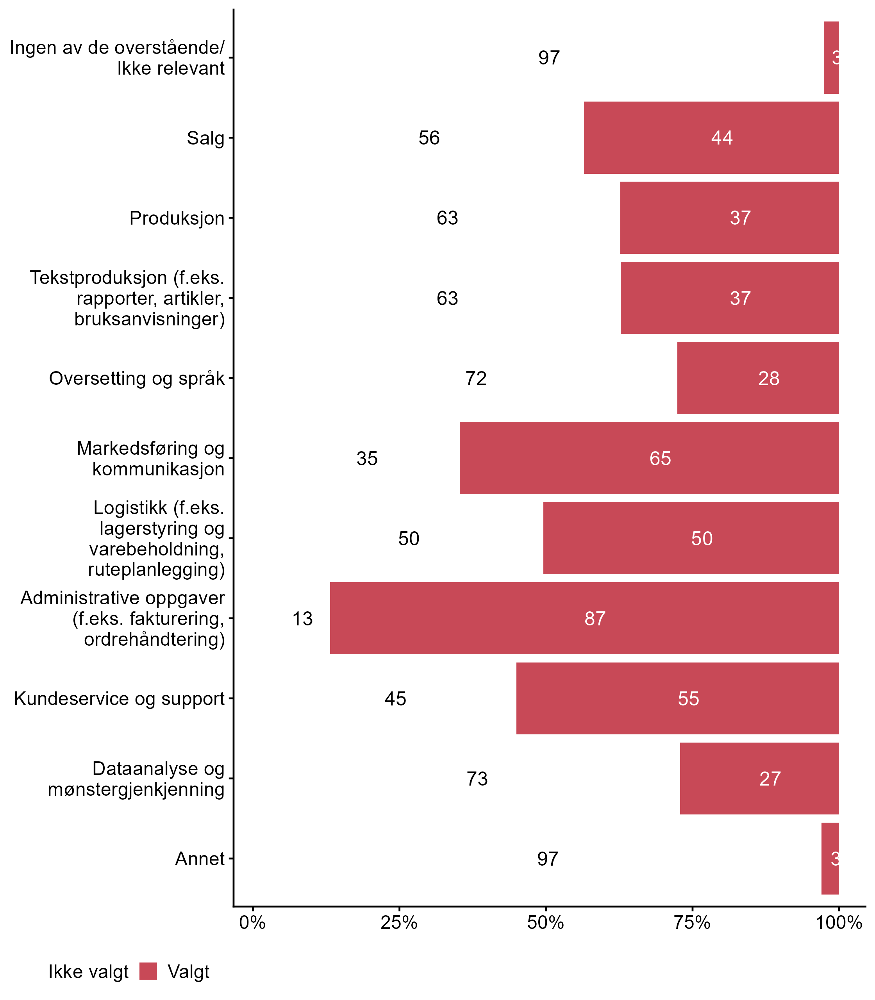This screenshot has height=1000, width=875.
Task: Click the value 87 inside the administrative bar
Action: click(595, 619)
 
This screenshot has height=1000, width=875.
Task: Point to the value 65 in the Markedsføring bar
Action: click(660, 459)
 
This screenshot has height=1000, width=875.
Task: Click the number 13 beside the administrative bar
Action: click(302, 619)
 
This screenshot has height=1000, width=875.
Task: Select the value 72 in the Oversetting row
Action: click(476, 379)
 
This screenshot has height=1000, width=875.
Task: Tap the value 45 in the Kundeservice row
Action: click(395, 699)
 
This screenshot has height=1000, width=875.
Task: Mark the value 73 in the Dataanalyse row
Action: click(477, 779)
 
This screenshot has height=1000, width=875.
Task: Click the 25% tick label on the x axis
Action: click(399, 922)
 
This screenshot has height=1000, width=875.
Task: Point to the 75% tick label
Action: click(692, 922)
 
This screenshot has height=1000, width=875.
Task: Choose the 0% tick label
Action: click(252, 922)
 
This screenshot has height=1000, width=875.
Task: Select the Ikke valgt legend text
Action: click(88, 972)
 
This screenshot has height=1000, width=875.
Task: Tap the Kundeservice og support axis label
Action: click(119, 698)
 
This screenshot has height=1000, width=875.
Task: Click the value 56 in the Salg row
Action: click(429, 137)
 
